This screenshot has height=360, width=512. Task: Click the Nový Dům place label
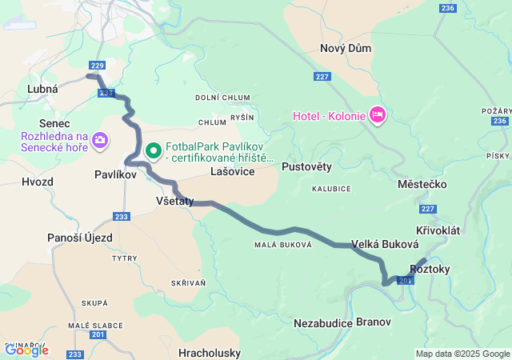[346, 48]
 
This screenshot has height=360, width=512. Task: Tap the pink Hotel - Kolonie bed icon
[378, 116]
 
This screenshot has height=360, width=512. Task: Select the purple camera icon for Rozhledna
[100, 142]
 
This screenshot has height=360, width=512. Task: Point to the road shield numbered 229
[98, 66]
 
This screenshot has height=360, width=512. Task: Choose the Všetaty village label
[174, 202]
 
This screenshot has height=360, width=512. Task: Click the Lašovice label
[232, 172]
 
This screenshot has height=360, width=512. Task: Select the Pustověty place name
[306, 166]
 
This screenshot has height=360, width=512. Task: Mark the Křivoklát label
[438, 230]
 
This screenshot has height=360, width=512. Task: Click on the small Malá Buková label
[282, 245]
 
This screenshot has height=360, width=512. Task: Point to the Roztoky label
[430, 269]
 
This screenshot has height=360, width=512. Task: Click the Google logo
[26, 350]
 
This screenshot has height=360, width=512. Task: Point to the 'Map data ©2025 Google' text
[462, 354]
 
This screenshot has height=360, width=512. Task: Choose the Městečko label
[422, 184]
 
